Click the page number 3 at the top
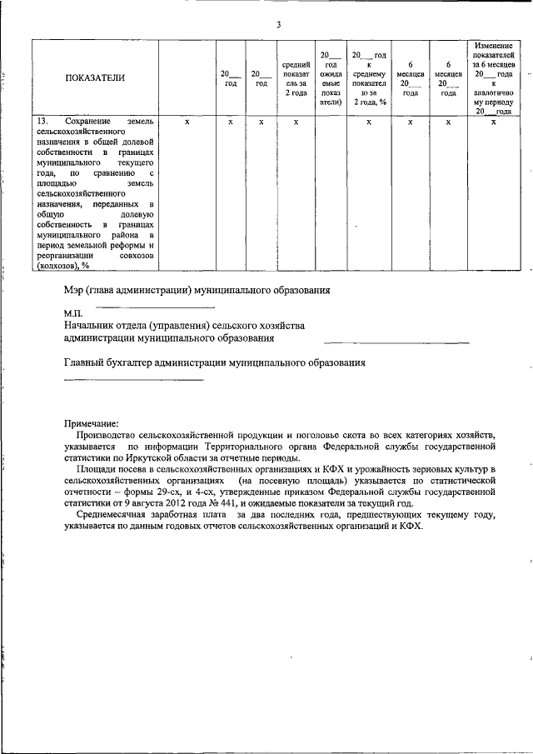[279, 22]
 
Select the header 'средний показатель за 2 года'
[296, 78]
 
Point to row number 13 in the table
[42, 122]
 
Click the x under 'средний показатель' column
[296, 122]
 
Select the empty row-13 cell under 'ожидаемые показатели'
[330, 192]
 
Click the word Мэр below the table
[75, 290]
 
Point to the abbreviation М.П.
[73, 312]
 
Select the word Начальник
[91, 325]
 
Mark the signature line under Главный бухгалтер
[133, 380]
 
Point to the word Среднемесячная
[116, 517]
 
